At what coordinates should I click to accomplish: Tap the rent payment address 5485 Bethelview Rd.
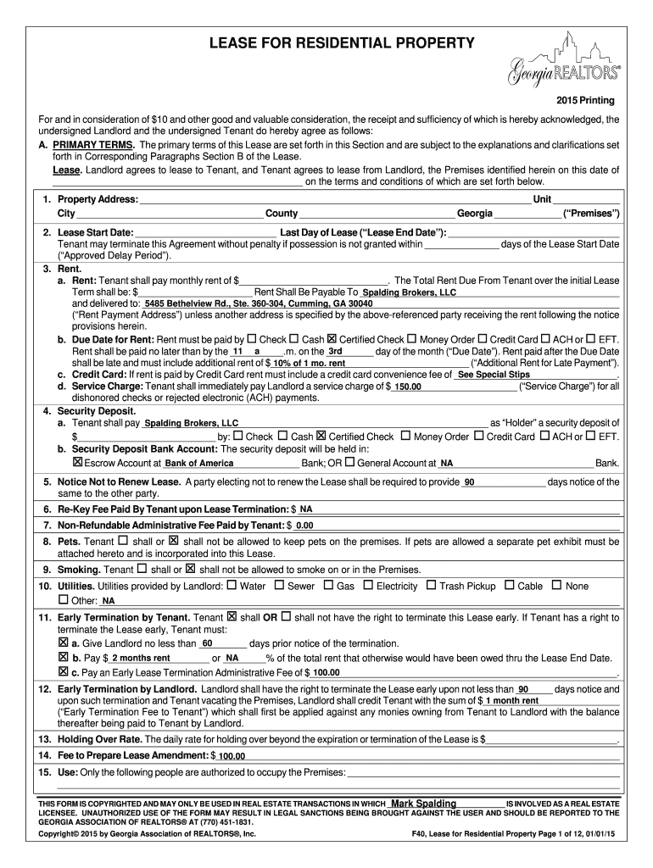point(258,303)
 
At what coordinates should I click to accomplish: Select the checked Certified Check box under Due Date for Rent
point(332,339)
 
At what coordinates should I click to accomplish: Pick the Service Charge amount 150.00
point(407,387)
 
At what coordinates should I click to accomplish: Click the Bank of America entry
point(198,464)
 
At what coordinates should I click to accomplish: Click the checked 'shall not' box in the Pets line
point(173,540)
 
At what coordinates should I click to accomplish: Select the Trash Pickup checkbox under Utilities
point(431,585)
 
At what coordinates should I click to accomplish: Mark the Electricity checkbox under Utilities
point(368,585)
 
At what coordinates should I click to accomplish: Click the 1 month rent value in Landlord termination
point(514,701)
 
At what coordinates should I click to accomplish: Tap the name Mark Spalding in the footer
point(423,804)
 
